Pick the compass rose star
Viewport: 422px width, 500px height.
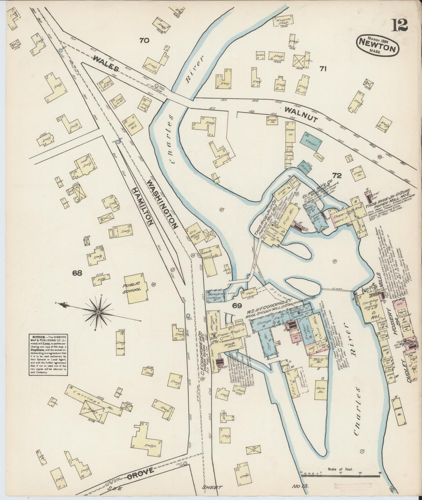coord(98,312)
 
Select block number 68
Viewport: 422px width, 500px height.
coord(78,273)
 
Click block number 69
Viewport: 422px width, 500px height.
coord(237,305)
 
